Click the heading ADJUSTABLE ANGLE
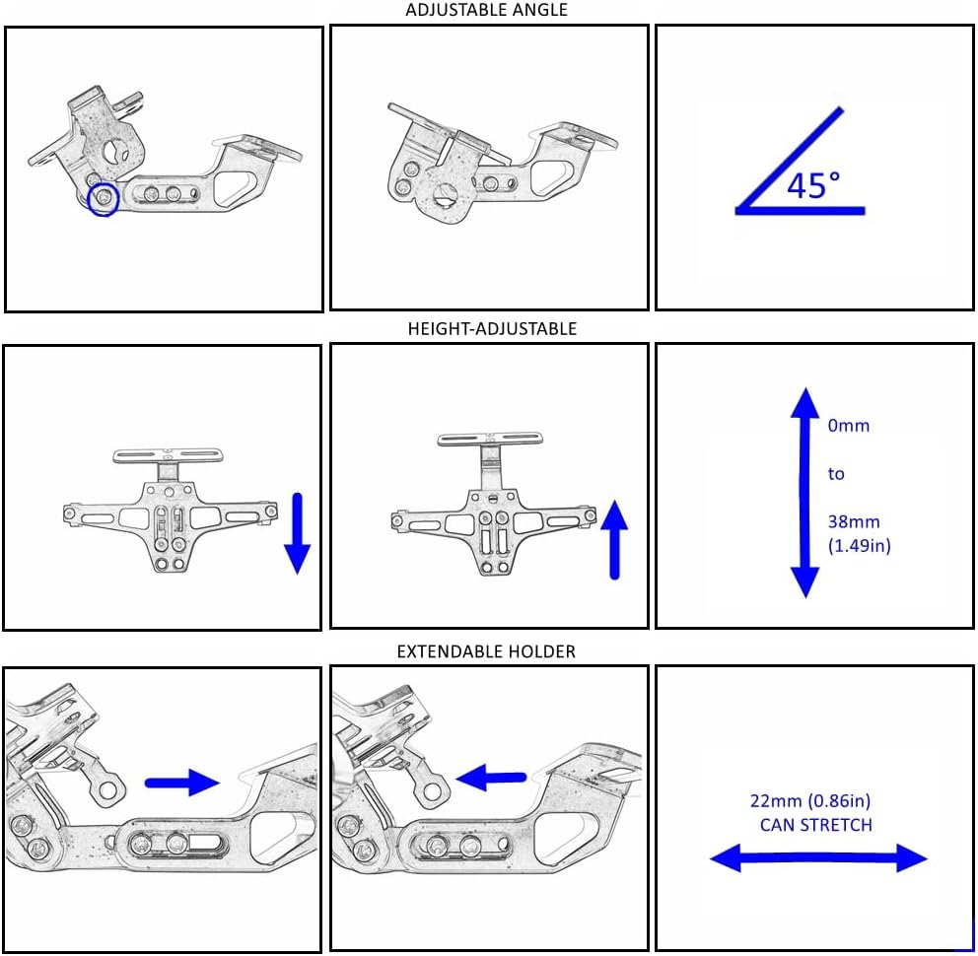[x=486, y=10]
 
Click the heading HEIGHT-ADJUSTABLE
[x=492, y=329]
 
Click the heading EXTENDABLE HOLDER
[x=486, y=651]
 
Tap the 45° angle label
[x=813, y=184]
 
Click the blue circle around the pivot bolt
[x=104, y=200]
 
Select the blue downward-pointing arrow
[x=297, y=533]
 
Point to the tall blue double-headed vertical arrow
[x=805, y=492]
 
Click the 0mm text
[x=849, y=427]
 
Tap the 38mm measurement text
[x=853, y=521]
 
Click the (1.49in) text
[x=859, y=545]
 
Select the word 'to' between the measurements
[x=836, y=474]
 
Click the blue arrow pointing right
[x=181, y=783]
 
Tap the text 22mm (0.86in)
[x=810, y=800]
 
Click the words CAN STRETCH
[x=815, y=825]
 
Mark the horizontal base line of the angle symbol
[x=801, y=210]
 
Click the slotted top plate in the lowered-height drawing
[x=171, y=455]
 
